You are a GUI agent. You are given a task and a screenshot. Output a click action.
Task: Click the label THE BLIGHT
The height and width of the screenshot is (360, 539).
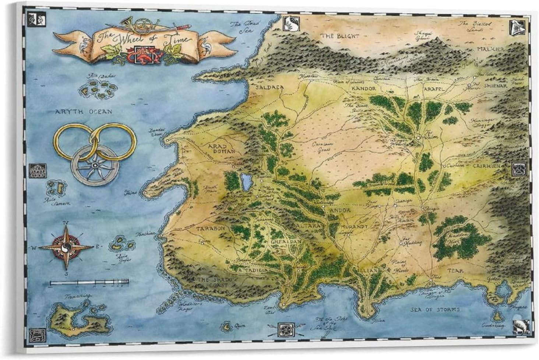tap(339, 36)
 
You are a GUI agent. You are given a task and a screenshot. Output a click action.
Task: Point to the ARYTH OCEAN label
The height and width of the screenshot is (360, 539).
tap(83, 111)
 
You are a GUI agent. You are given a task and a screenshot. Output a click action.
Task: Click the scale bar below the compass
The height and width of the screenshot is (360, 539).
tap(89, 283)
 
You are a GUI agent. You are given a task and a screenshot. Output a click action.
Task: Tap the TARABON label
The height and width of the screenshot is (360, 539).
tap(210, 229)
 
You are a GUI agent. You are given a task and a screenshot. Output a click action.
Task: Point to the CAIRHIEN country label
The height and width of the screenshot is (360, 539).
tap(486, 166)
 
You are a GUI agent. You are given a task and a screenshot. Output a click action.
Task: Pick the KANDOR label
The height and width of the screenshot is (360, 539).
tap(363, 89)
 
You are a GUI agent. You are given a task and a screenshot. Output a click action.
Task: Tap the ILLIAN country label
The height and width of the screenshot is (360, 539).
tap(367, 271)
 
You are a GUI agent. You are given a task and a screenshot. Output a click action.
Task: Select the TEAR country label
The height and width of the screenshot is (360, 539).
tap(455, 270)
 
